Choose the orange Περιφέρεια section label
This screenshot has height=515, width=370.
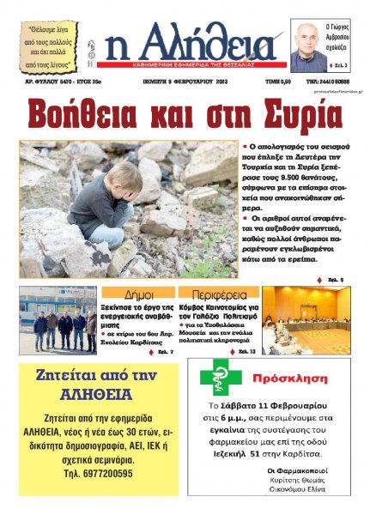pos(216,294)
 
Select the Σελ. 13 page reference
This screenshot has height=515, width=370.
pos(245,351)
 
